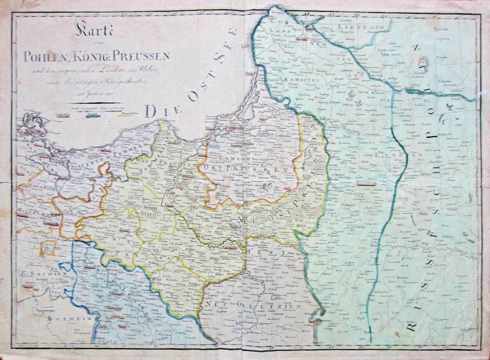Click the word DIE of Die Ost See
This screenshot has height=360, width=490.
click(156, 110)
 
